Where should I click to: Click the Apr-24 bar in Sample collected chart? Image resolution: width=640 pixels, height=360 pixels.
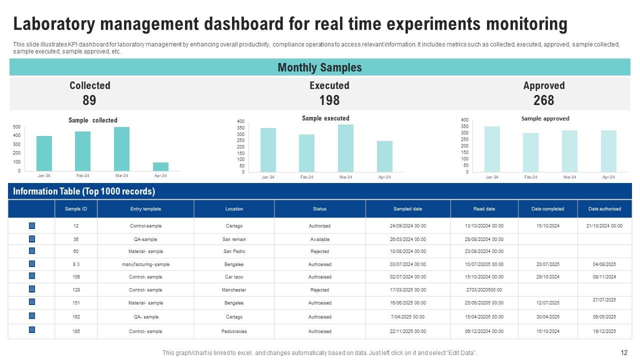click(x=160, y=166)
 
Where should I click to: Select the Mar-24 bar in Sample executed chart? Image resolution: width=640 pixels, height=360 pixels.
click(x=345, y=148)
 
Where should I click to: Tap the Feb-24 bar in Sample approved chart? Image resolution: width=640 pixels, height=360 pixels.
click(x=530, y=152)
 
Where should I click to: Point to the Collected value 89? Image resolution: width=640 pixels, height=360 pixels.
click(x=89, y=100)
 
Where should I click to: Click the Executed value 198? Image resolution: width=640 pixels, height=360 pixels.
click(x=329, y=100)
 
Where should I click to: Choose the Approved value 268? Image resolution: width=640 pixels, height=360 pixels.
click(x=543, y=100)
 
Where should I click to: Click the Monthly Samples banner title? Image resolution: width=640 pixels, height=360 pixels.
click(x=319, y=67)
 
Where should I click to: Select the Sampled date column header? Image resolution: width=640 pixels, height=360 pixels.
click(x=407, y=209)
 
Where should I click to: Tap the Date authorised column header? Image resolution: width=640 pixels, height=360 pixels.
click(x=604, y=209)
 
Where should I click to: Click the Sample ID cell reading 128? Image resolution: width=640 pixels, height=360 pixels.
click(x=76, y=290)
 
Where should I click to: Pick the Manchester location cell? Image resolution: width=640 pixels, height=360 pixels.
click(x=234, y=290)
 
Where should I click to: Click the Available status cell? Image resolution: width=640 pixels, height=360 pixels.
click(x=319, y=239)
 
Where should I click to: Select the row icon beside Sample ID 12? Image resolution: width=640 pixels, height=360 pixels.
click(x=32, y=225)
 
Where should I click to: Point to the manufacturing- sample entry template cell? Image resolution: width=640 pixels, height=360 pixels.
click(x=145, y=264)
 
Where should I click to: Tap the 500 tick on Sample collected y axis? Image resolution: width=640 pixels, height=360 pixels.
click(x=17, y=127)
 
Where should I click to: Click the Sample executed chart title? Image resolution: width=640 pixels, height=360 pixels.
click(x=325, y=118)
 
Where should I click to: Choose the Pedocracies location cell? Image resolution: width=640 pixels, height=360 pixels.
click(x=234, y=331)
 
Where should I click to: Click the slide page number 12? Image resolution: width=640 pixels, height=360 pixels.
click(x=624, y=352)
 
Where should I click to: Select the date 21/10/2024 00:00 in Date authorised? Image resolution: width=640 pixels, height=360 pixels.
click(x=604, y=226)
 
